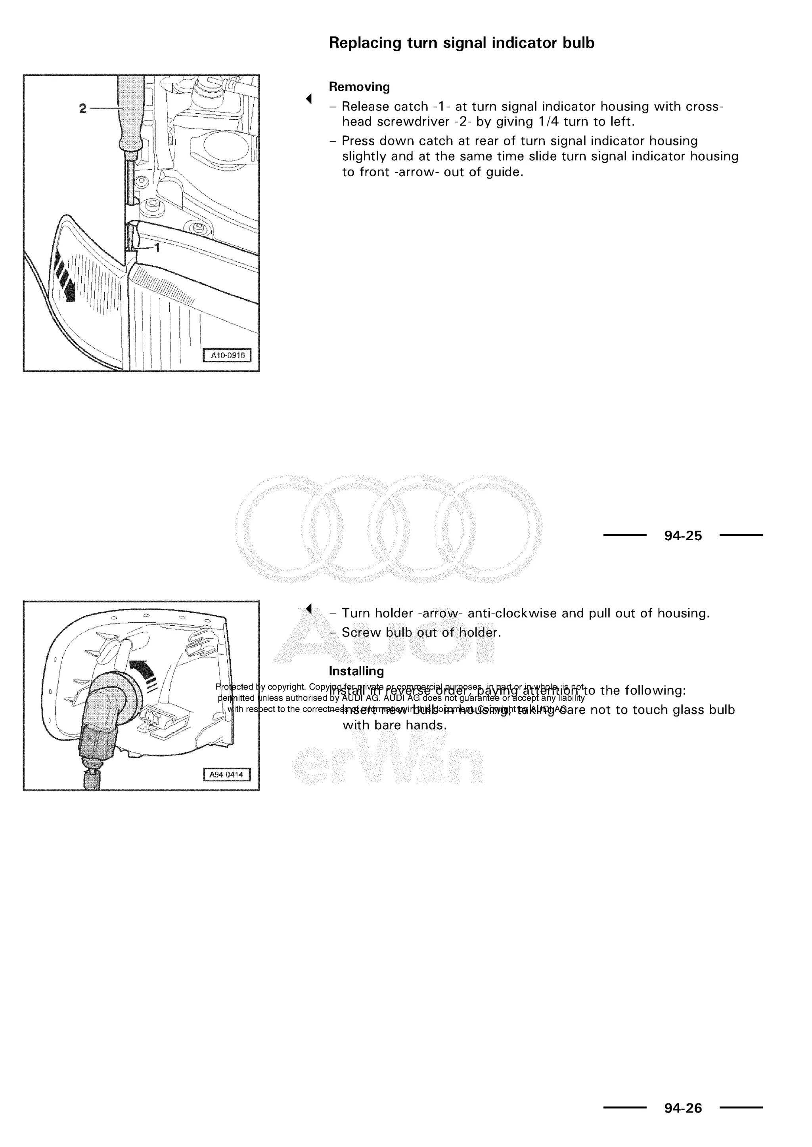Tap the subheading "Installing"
356,671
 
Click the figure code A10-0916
228,356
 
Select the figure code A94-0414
226,775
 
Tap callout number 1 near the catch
157,247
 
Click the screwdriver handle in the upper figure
130,115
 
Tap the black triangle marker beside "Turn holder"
309,608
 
